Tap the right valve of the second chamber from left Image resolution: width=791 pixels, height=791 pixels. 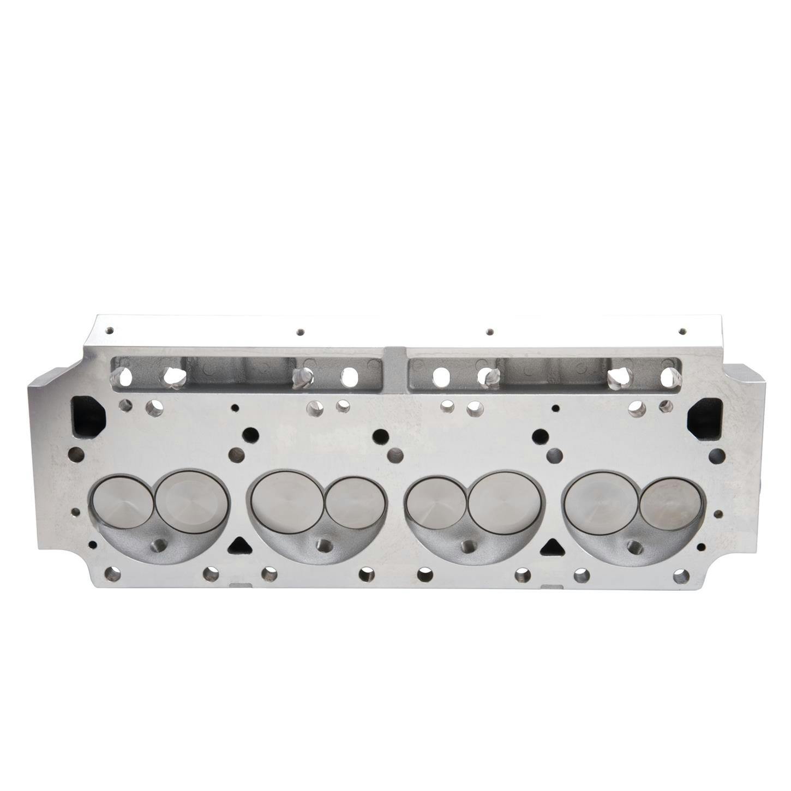click(355, 502)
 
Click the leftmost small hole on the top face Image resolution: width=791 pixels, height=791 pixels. click(110, 331)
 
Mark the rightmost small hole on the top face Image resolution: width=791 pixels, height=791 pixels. click(681, 331)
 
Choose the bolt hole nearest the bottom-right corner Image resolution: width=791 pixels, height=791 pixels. click(680, 576)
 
